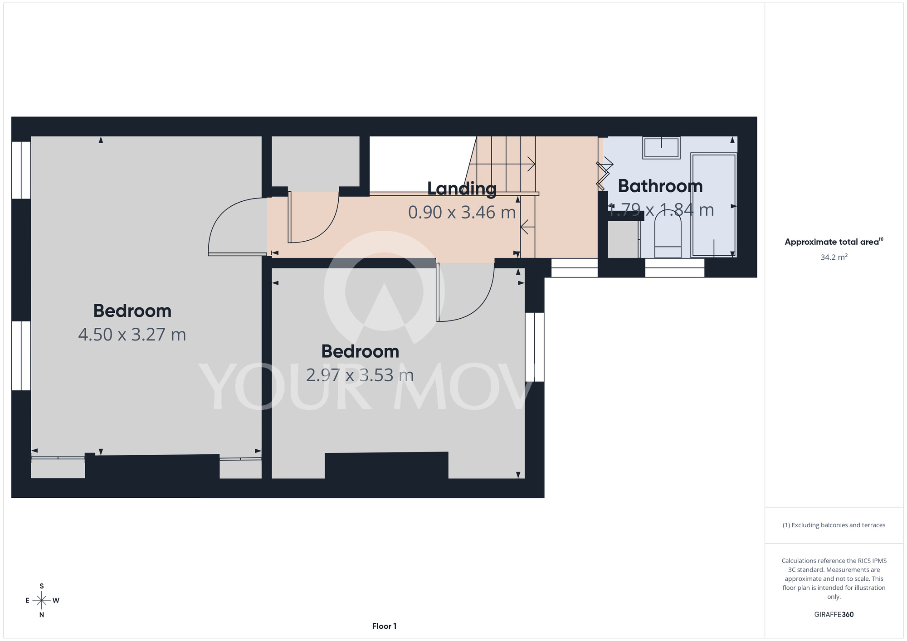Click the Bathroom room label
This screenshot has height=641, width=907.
(660, 186)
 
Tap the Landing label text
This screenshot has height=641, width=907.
(462, 189)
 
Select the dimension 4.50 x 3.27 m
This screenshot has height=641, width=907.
(132, 335)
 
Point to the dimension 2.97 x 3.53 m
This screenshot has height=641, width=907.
(360, 375)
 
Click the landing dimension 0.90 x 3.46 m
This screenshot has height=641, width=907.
(462, 212)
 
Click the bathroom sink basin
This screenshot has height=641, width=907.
(661, 148)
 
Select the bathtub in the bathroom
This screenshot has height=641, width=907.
(714, 205)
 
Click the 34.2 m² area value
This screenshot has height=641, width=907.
(834, 257)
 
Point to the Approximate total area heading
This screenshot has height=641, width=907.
(834, 242)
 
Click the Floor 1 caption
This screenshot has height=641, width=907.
(384, 626)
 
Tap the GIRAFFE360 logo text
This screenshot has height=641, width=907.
(834, 615)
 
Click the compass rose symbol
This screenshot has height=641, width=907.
(42, 601)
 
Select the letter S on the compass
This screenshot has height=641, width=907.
(42, 586)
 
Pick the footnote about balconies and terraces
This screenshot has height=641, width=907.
(834, 525)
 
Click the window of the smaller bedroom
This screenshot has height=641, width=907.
(535, 347)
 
